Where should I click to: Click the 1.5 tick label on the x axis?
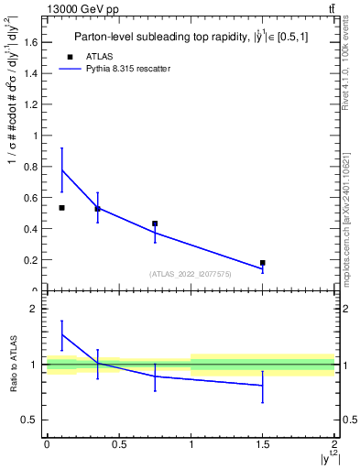(263, 444)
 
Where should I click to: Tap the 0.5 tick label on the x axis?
(119, 444)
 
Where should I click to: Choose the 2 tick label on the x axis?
(334, 444)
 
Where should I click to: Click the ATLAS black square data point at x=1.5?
(263, 263)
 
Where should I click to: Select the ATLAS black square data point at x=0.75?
(155, 224)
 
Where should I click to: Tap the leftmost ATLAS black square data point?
(61, 208)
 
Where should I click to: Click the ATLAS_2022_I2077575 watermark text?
(191, 274)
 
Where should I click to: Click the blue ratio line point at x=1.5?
(263, 386)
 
